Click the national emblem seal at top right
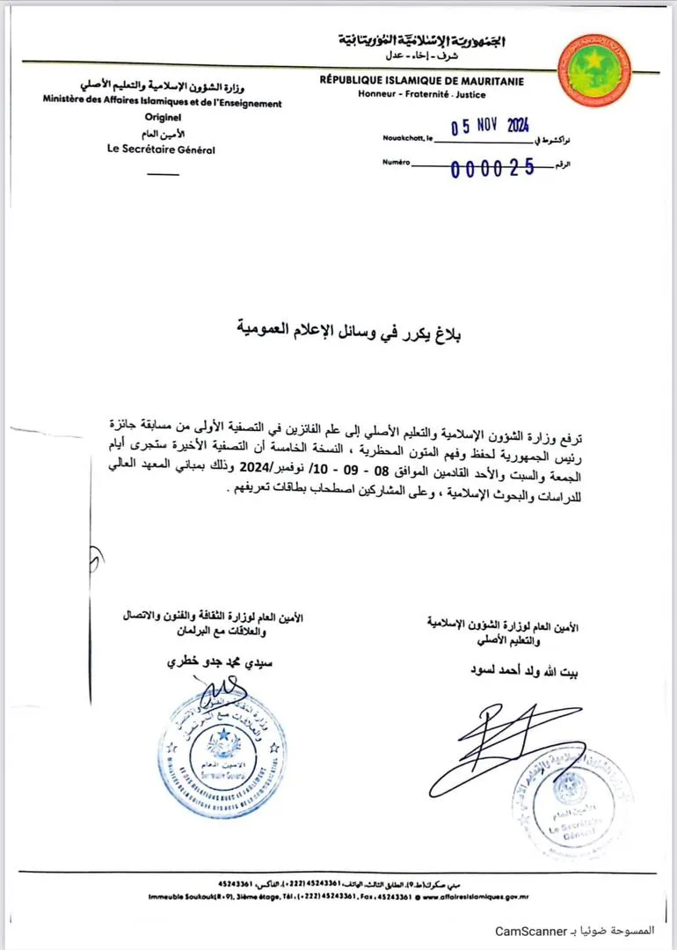(x=595, y=71)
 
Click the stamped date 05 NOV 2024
(x=490, y=127)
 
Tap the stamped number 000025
(x=491, y=170)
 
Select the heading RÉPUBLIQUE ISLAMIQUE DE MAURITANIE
(x=422, y=82)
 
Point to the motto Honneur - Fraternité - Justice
(x=422, y=95)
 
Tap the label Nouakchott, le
(x=407, y=139)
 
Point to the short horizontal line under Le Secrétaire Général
(x=163, y=173)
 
